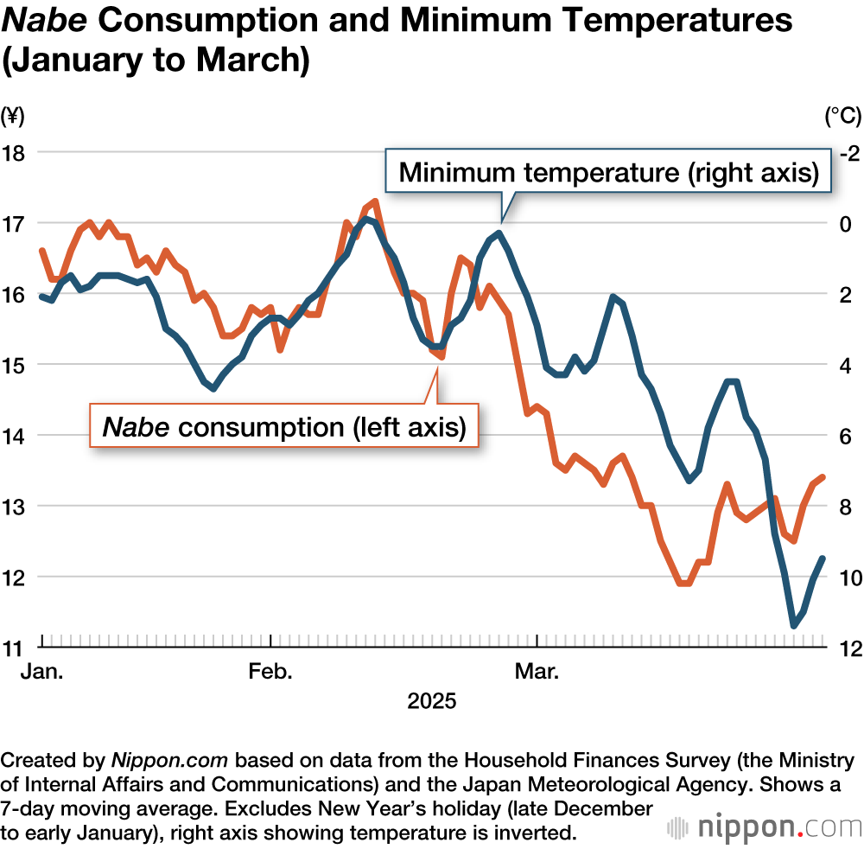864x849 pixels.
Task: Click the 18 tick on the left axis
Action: tap(15, 152)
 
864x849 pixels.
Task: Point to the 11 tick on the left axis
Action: tap(15, 647)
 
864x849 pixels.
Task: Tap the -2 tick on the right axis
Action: tap(848, 153)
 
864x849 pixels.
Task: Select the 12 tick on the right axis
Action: tap(849, 648)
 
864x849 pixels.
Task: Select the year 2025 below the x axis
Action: tap(432, 700)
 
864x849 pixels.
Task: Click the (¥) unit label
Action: tap(15, 115)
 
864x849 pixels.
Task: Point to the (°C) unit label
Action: tap(843, 115)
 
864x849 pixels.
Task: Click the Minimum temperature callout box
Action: tap(608, 172)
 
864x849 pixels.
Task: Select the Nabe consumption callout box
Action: tap(285, 426)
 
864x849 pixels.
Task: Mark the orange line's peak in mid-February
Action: tap(374, 201)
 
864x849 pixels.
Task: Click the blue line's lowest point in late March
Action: tap(794, 625)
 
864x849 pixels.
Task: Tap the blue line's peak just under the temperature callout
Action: tap(499, 233)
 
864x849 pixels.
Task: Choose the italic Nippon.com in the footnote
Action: tap(169, 761)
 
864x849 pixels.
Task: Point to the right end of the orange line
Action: tap(823, 477)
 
